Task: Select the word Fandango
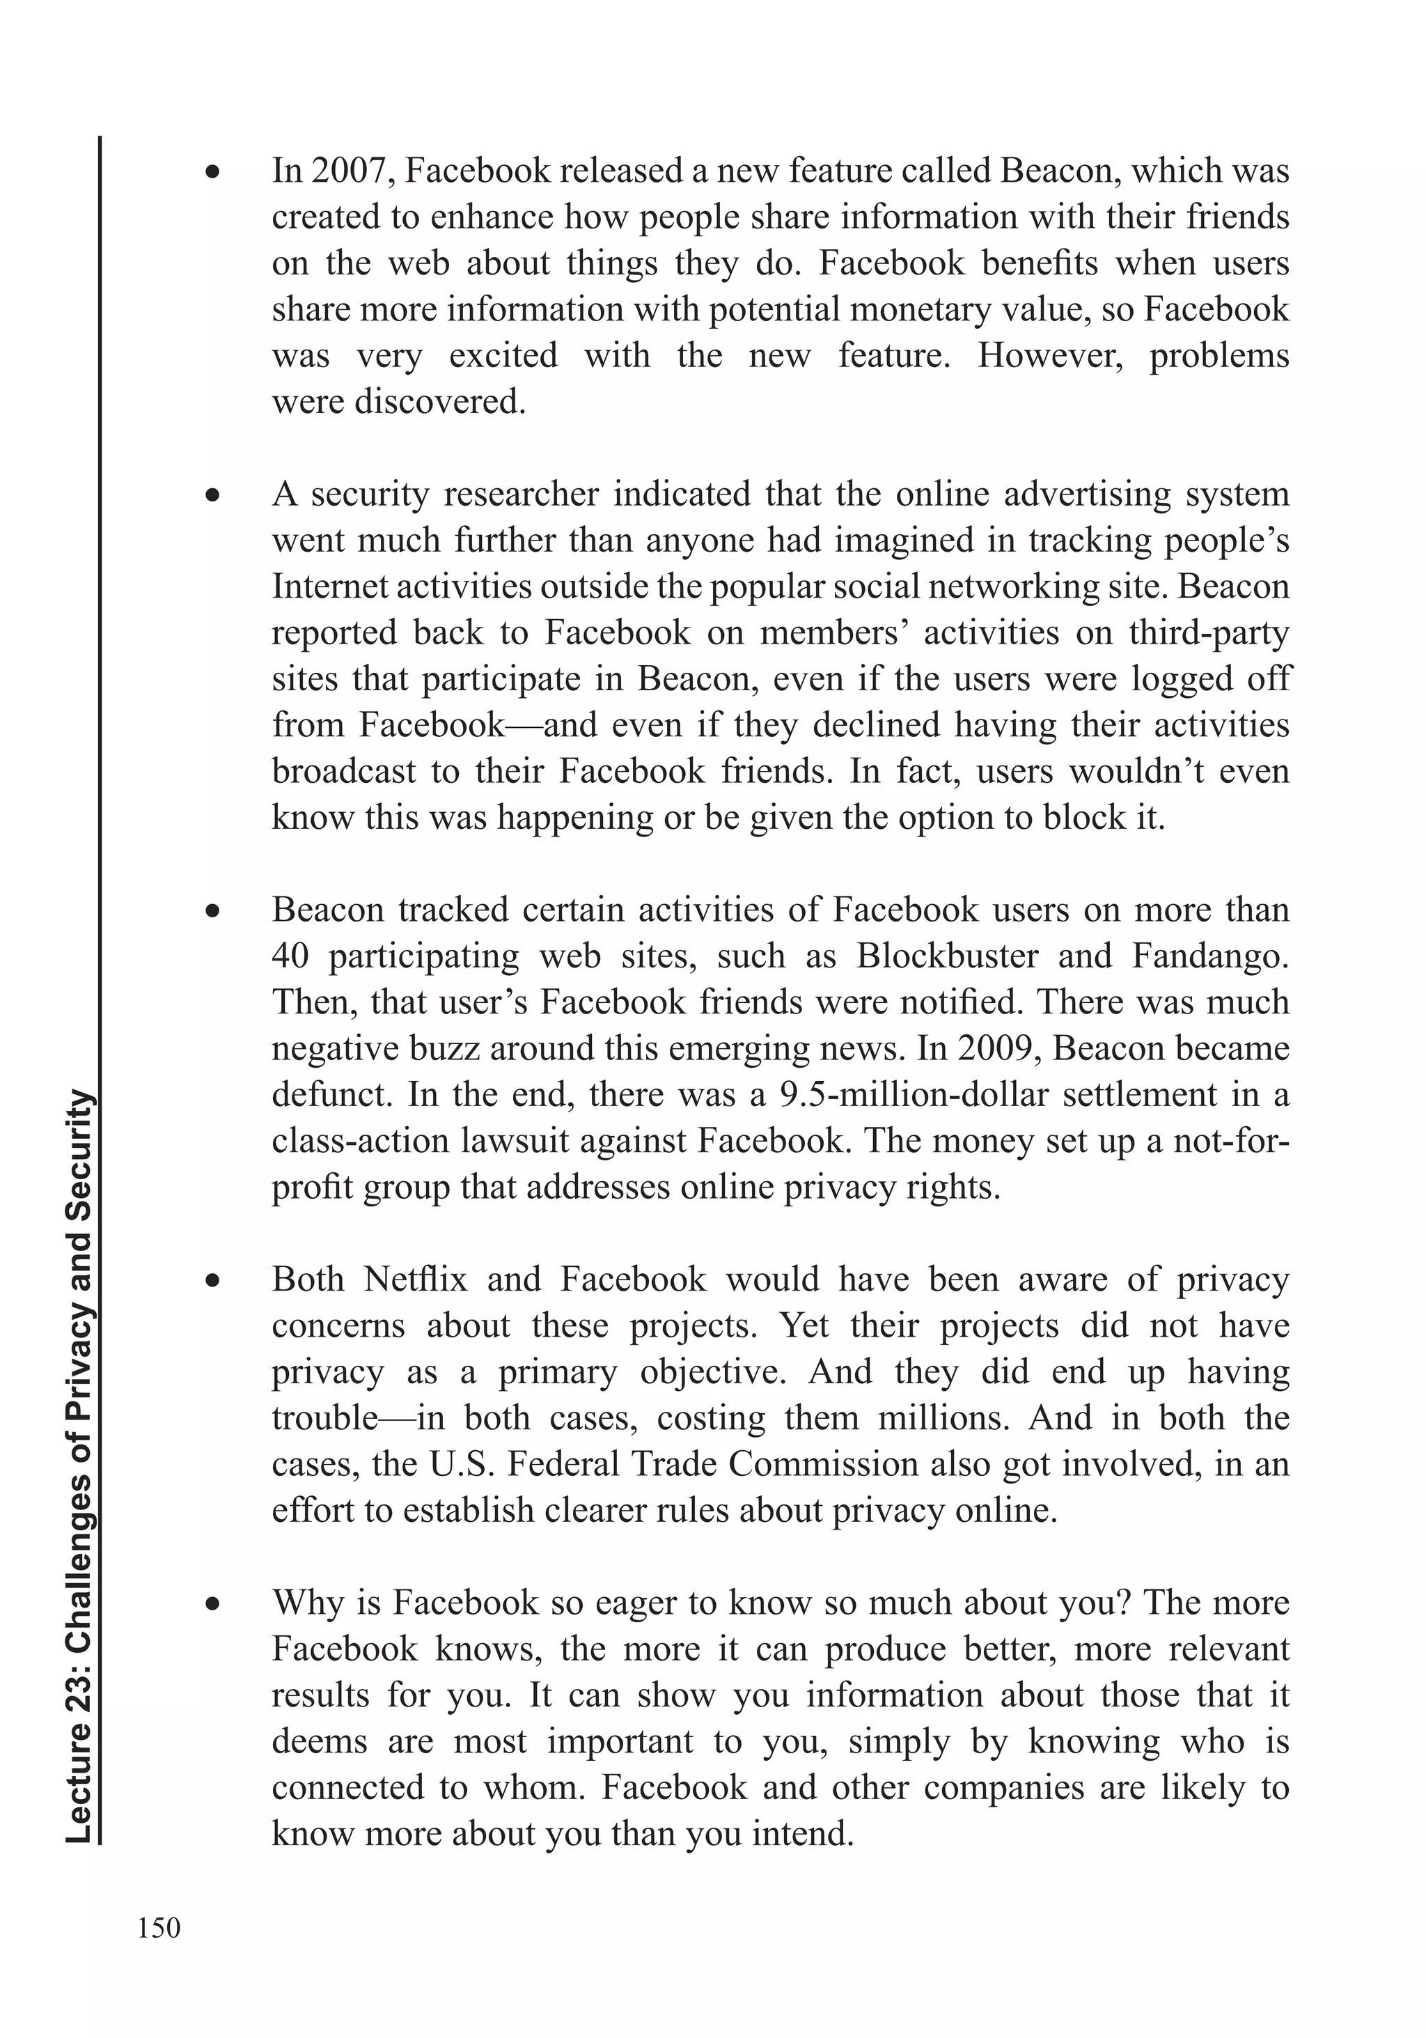click(x=1209, y=956)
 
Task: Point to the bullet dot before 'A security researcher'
click(x=212, y=495)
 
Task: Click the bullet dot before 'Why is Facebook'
click(x=212, y=1603)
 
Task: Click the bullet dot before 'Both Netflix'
click(x=212, y=1280)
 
